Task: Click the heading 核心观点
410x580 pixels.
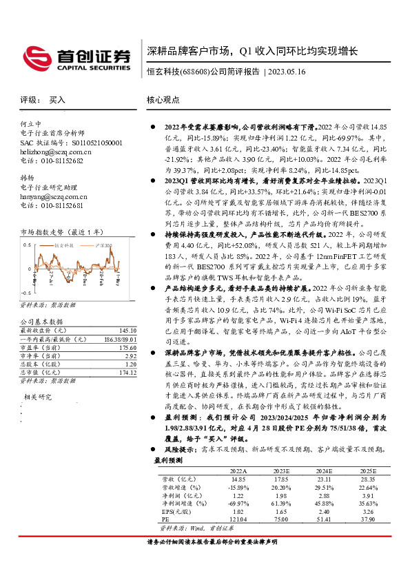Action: (163, 100)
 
